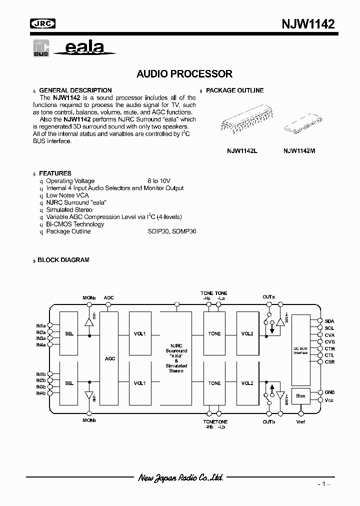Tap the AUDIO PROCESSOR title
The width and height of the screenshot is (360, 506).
click(184, 74)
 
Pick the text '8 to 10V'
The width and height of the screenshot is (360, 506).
click(159, 181)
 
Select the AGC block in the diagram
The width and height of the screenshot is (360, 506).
click(110, 358)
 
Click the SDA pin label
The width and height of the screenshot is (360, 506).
click(329, 321)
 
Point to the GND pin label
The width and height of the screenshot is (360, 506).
click(329, 392)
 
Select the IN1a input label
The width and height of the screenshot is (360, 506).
click(40, 325)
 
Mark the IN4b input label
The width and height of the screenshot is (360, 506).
click(40, 393)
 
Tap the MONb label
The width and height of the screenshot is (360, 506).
click(89, 420)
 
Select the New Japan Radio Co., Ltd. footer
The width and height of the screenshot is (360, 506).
click(180, 478)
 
